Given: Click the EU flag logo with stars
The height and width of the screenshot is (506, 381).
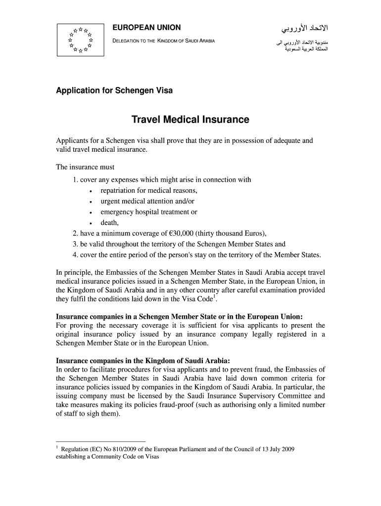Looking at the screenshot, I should [x=81, y=40].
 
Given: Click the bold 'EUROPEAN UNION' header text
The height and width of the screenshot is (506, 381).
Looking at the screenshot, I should [x=147, y=27].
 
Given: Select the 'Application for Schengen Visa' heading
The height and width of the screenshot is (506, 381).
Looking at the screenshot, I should [x=114, y=91].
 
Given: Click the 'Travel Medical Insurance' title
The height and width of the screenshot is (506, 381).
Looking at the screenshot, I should [x=190, y=120].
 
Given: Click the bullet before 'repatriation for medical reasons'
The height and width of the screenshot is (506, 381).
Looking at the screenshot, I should [x=91, y=191].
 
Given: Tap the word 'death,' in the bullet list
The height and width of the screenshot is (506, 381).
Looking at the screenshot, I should [x=110, y=223].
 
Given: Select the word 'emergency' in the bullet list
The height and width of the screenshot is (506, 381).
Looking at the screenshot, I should [x=117, y=212].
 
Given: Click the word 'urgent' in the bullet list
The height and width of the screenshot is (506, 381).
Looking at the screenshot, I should [x=110, y=202].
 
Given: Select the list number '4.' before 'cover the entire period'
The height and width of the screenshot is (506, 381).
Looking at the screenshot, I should [x=76, y=255].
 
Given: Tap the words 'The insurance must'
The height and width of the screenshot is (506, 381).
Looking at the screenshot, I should [x=85, y=168].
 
